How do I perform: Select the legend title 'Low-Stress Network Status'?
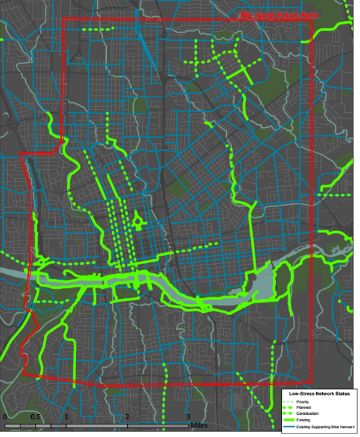[x=319, y=393]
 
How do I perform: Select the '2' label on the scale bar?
[x=127, y=417]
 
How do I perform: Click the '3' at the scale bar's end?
[x=188, y=417]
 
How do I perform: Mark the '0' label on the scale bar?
[x=4, y=417]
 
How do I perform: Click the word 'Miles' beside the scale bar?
[x=200, y=426]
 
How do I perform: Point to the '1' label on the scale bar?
[x=66, y=417]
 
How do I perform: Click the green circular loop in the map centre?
[x=139, y=223]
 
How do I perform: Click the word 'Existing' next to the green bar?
[x=313, y=421]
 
